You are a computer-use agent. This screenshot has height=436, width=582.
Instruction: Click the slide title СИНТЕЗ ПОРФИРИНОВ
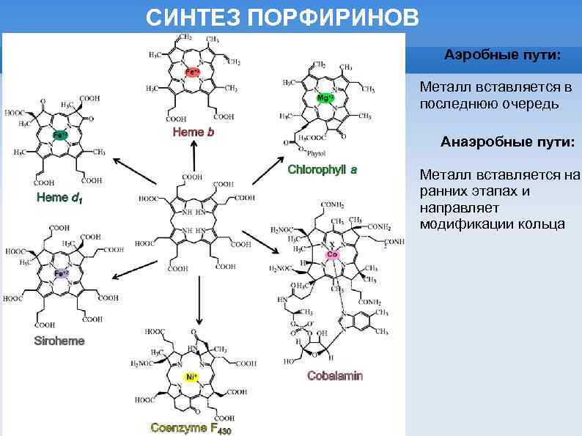click(x=283, y=18)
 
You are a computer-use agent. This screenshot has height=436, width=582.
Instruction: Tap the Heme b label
click(x=194, y=132)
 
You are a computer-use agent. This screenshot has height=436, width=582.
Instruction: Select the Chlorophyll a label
click(x=323, y=170)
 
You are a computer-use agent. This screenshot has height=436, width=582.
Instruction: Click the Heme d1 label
click(x=59, y=198)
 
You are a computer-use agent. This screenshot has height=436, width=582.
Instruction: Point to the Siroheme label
click(x=59, y=341)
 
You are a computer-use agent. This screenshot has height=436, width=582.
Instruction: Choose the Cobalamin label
click(x=335, y=376)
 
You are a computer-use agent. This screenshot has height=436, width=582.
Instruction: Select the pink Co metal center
click(x=332, y=254)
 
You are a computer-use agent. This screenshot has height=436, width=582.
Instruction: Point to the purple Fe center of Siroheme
click(x=61, y=273)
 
